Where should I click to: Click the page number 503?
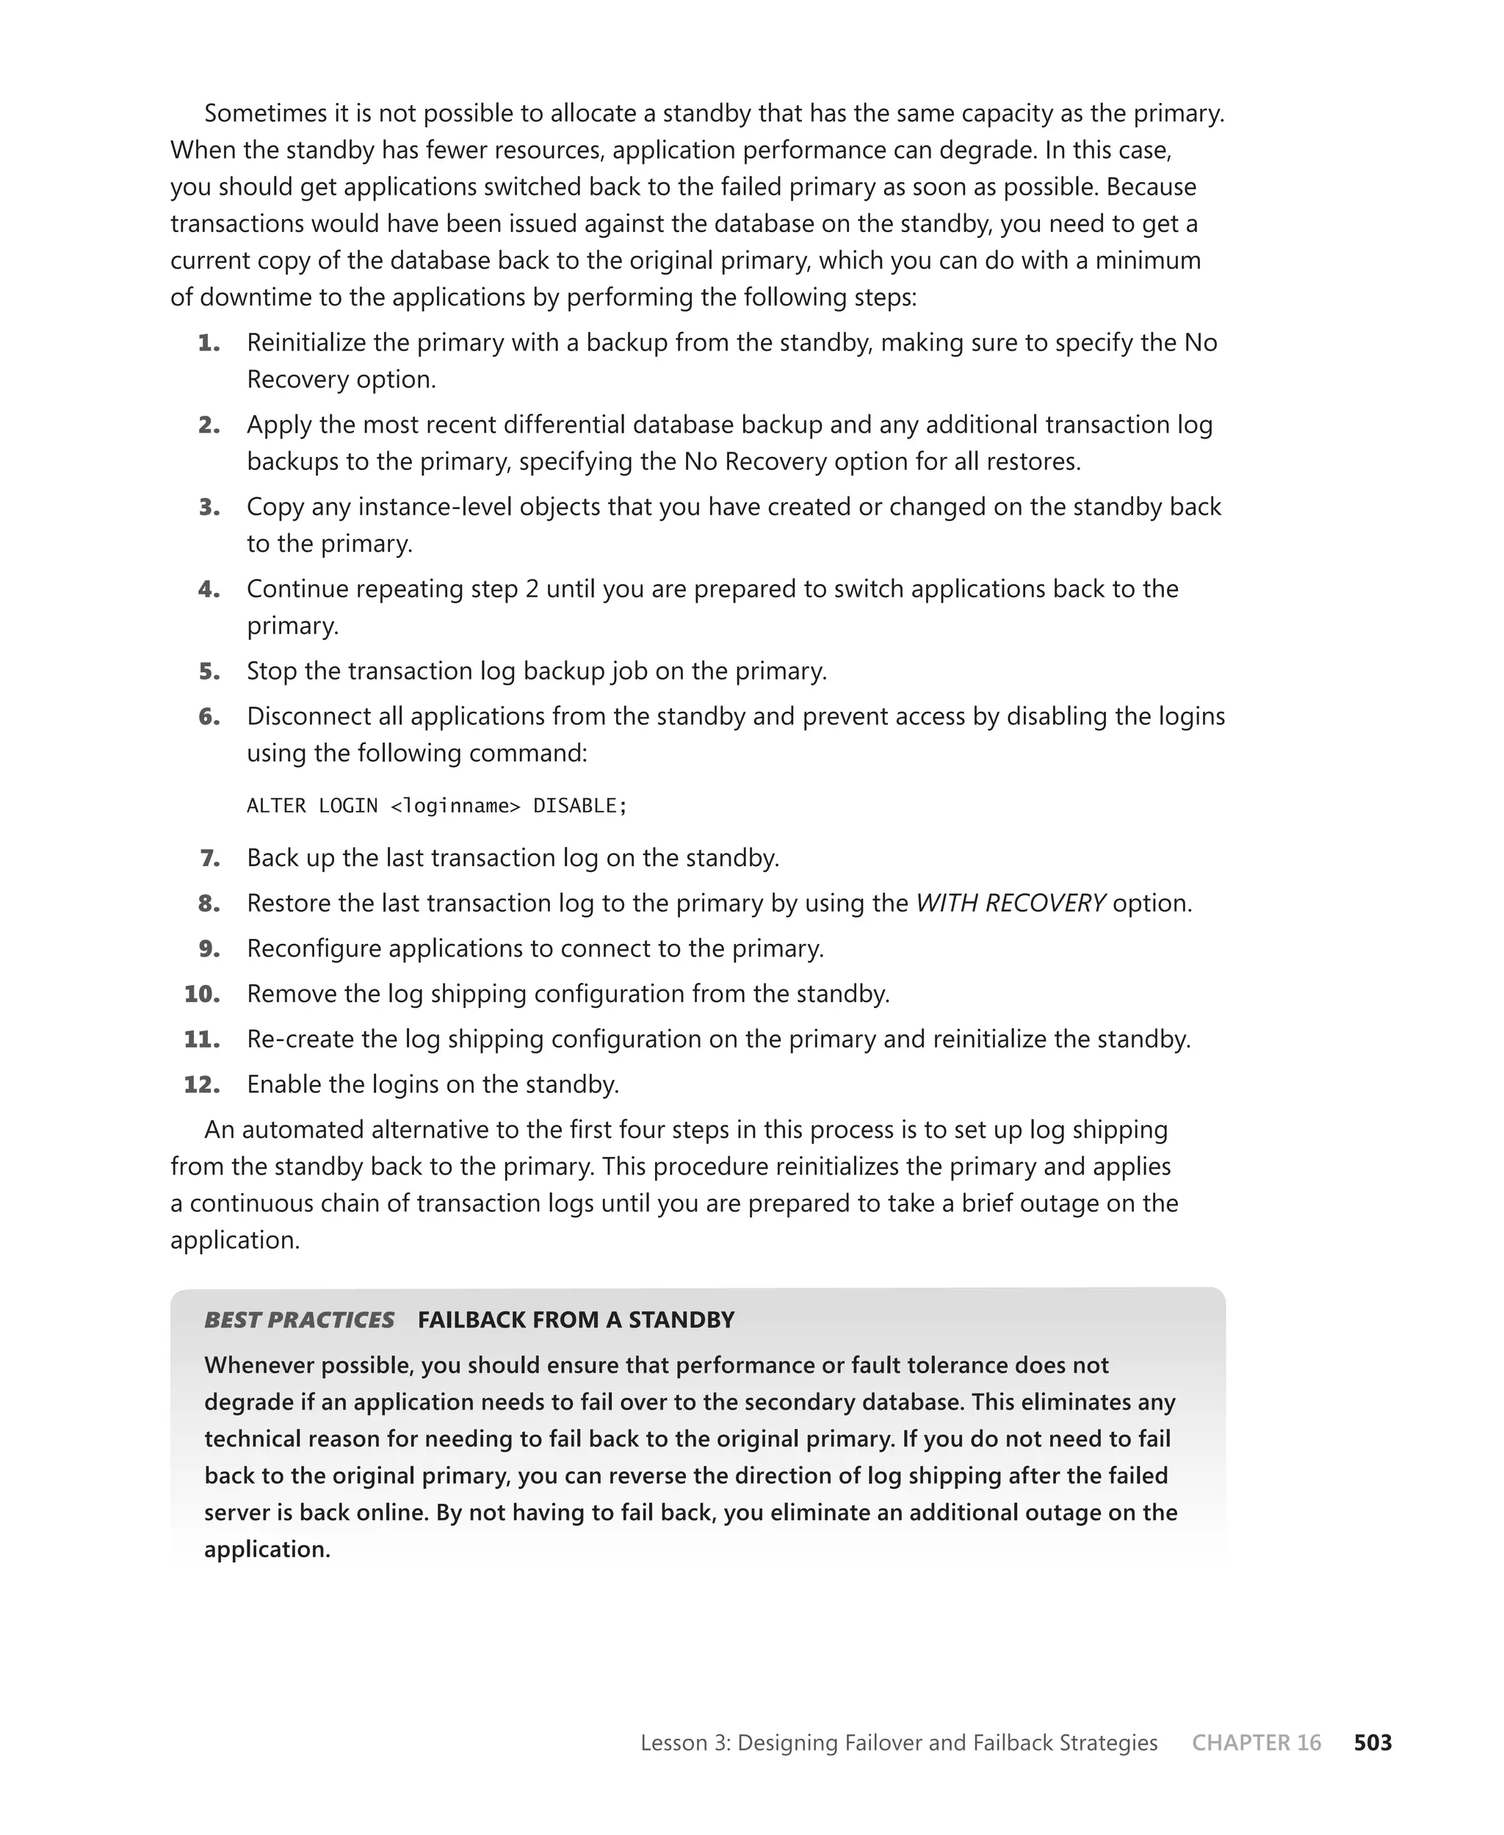pos(1373,1742)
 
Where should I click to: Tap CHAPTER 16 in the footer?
pos(1257,1742)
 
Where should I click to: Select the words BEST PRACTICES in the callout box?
pos(299,1319)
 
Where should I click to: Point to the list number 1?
pos(209,343)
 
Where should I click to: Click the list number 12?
pos(202,1085)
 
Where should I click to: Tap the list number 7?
pos(209,858)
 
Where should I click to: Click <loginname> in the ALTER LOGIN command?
pos(456,806)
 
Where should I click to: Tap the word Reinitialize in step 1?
pos(305,343)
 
